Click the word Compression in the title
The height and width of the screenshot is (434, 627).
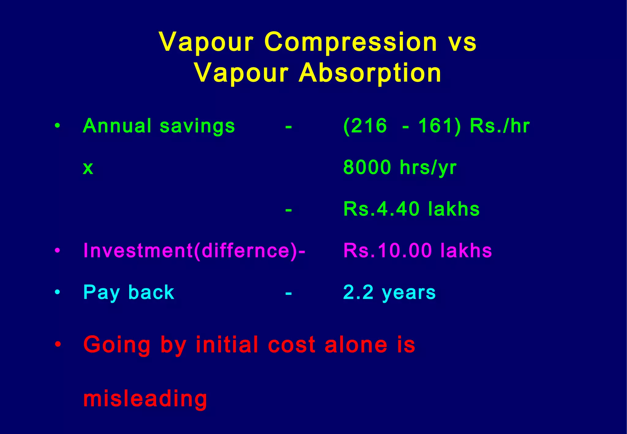tap(351, 42)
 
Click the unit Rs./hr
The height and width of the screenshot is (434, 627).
tap(500, 126)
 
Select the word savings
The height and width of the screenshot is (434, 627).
tap(197, 126)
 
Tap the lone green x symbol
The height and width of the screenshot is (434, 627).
tap(88, 168)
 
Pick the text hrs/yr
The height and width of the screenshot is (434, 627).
tap(428, 168)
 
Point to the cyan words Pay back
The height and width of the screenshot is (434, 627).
tap(129, 293)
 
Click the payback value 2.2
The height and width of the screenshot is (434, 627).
tap(358, 292)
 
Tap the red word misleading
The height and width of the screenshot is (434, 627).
tap(145, 399)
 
